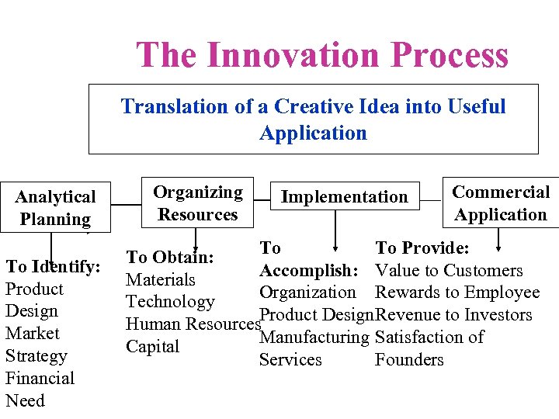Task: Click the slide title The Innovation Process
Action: pyautogui.click(x=322, y=55)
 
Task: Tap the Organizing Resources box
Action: pyautogui.click(x=197, y=203)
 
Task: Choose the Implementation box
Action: pyautogui.click(x=344, y=197)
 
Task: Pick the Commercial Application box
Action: pyautogui.click(x=501, y=203)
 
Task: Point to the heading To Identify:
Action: pyautogui.click(x=53, y=267)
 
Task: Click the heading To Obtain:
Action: pyautogui.click(x=170, y=257)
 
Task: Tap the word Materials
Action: pyautogui.click(x=161, y=279)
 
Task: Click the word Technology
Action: pyautogui.click(x=170, y=302)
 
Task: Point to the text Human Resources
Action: pyautogui.click(x=192, y=324)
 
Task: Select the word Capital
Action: pyautogui.click(x=153, y=347)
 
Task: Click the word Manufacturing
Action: pyautogui.click(x=314, y=338)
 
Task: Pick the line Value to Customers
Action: pyautogui.click(x=449, y=271)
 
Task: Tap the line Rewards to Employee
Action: pyautogui.click(x=457, y=293)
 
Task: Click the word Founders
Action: pyautogui.click(x=409, y=360)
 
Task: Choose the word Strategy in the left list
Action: pyautogui.click(x=36, y=356)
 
